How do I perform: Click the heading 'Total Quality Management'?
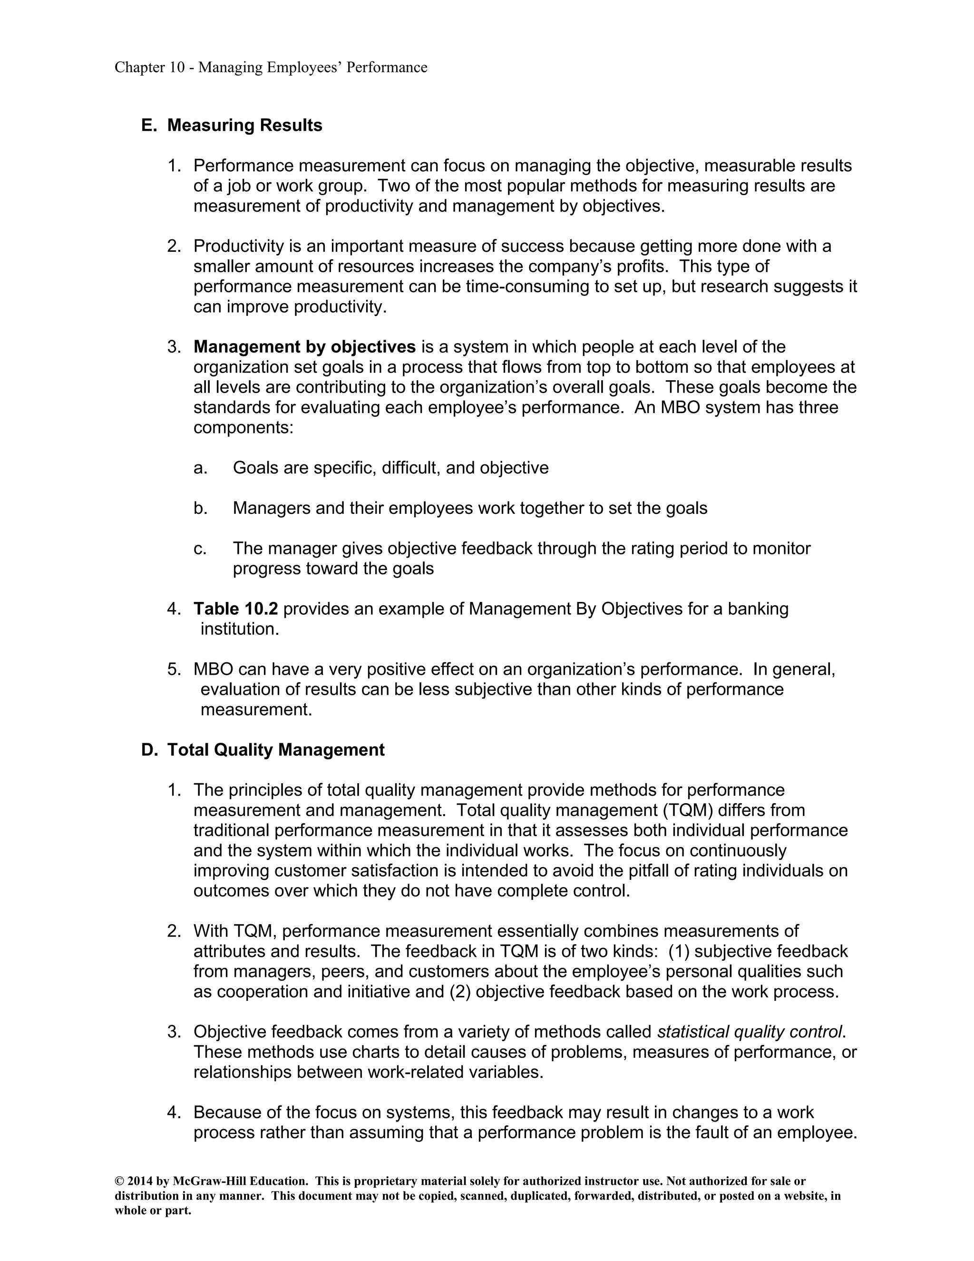click(276, 749)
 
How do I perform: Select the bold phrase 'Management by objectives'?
click(305, 347)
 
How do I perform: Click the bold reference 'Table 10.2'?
click(235, 609)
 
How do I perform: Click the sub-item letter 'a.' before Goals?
click(200, 468)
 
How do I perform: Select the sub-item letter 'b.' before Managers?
click(200, 508)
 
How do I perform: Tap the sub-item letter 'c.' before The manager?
click(200, 549)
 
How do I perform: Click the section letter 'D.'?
click(149, 749)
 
